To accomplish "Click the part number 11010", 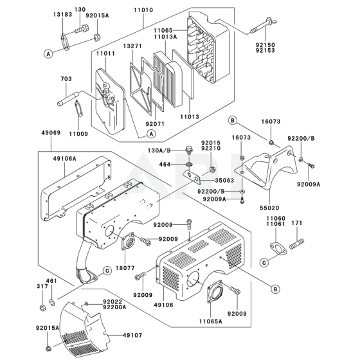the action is [143, 10].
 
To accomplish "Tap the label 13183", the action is [63, 14].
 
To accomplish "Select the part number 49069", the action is [51, 132].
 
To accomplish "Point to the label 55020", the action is [269, 208].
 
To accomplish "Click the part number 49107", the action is [132, 336].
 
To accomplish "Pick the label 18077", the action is [125, 268].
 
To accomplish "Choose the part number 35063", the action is [224, 181].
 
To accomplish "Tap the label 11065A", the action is [211, 321].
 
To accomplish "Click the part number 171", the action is [297, 223].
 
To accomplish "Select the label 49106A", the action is [64, 158].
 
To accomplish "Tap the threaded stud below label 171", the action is [296, 244].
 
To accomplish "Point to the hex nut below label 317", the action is [42, 307].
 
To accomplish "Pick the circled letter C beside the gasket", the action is [264, 263].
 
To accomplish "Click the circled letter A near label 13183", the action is [48, 54].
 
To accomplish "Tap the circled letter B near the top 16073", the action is [233, 120].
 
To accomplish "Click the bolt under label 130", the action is [82, 29].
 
